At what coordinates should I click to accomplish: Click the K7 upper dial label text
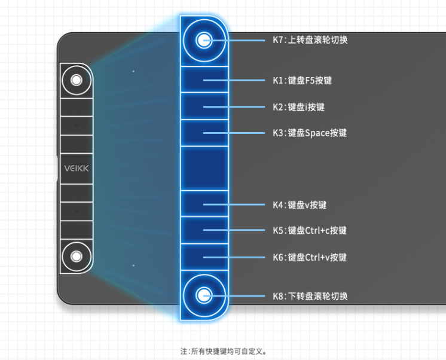(x=310, y=40)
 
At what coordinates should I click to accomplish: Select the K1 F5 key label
(x=302, y=80)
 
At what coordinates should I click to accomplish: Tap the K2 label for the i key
(x=298, y=107)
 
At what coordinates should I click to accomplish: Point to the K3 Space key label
(x=310, y=133)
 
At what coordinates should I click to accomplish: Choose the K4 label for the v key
(x=300, y=205)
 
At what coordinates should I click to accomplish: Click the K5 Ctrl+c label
(x=310, y=230)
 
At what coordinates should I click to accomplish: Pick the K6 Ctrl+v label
(x=310, y=257)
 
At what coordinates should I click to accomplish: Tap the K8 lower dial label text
(x=310, y=296)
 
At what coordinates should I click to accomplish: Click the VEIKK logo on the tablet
(x=77, y=169)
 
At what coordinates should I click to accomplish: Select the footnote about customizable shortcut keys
(x=224, y=351)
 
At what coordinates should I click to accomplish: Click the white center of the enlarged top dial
(x=204, y=41)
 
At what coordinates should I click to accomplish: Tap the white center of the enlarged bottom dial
(x=204, y=295)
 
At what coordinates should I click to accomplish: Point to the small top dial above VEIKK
(x=77, y=80)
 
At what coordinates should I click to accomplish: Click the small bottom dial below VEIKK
(x=77, y=257)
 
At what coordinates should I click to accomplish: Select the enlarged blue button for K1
(x=204, y=80)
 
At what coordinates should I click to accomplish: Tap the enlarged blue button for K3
(x=204, y=133)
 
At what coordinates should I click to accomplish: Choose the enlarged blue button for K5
(x=204, y=230)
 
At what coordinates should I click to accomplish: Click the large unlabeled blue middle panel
(x=204, y=168)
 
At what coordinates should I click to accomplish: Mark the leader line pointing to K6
(x=234, y=257)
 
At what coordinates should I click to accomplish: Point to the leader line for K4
(x=234, y=205)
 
